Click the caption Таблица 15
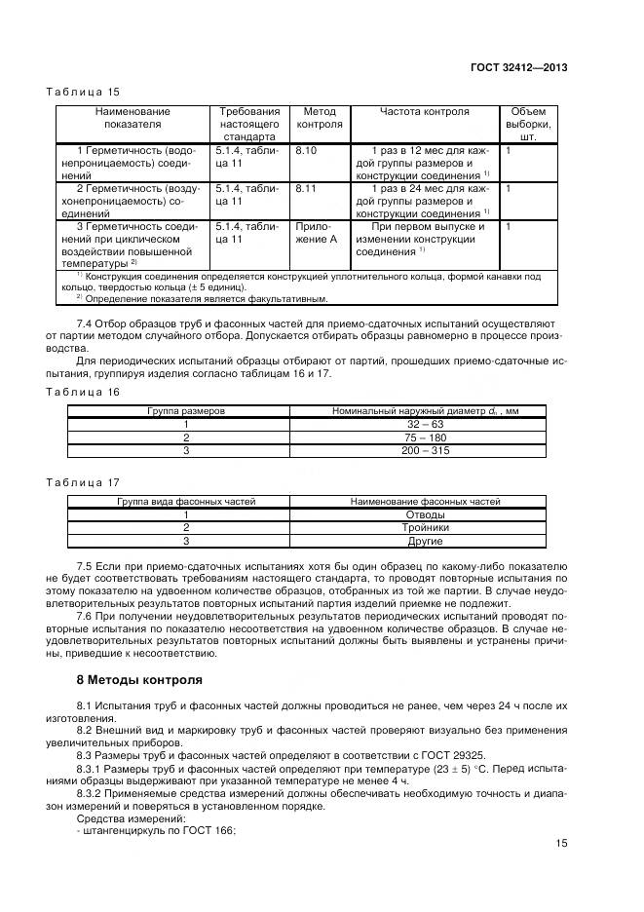[x=83, y=92]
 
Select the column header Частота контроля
[x=424, y=112]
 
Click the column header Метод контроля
[x=319, y=118]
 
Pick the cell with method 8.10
[x=306, y=151]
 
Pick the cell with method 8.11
[x=306, y=188]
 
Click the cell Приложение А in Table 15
[x=318, y=232]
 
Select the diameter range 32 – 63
[x=425, y=425]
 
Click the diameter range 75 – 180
[x=425, y=438]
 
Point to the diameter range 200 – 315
[x=425, y=452]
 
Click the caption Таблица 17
[x=83, y=481]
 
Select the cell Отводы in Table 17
[x=425, y=514]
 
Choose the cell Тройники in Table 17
[x=425, y=527]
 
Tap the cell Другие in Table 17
[x=425, y=541]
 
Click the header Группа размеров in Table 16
[x=185, y=411]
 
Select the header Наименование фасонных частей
[x=425, y=501]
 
